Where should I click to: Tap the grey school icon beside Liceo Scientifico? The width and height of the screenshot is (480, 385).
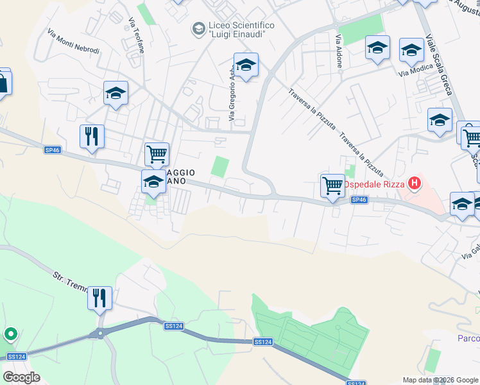198,28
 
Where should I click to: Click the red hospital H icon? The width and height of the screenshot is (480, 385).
415,184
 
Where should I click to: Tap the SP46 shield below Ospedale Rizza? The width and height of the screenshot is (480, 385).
359,200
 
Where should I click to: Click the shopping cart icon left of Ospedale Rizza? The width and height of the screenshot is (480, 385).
332,186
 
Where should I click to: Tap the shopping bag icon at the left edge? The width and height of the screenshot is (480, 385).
3,83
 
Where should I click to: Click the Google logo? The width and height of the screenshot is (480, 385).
21,377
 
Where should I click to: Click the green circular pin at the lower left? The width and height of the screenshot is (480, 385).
10,334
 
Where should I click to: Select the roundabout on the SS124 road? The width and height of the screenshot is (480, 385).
99,334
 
